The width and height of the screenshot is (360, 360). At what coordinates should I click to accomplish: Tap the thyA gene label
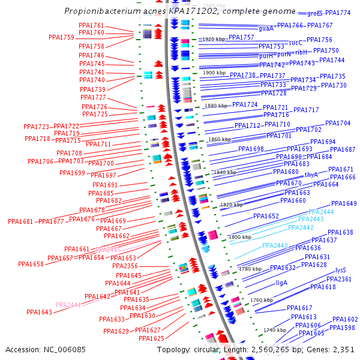tap(311, 175)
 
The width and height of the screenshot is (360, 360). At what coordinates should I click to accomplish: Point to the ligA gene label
tap(282, 282)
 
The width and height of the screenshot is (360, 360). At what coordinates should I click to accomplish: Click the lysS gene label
tap(341, 270)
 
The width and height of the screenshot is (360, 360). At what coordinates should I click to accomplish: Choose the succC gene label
tap(295, 43)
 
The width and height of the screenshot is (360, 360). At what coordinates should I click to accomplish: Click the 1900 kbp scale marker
tap(215, 73)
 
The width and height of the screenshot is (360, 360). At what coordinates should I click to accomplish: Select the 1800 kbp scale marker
tap(240, 237)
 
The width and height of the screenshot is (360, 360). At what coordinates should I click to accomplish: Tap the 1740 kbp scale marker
tap(274, 330)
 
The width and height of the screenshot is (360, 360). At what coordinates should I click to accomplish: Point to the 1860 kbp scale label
tap(220, 139)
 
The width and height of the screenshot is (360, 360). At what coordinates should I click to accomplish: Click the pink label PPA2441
tap(68, 305)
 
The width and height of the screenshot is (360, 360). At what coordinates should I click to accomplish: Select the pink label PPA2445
tap(108, 249)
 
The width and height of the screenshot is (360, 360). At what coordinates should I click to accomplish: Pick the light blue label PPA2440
tap(275, 245)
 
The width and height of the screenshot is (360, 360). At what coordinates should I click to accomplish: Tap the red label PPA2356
tap(125, 266)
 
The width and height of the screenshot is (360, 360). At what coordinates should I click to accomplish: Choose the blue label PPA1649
tap(344, 203)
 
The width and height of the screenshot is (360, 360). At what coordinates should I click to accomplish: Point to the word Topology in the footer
tap(174, 349)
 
